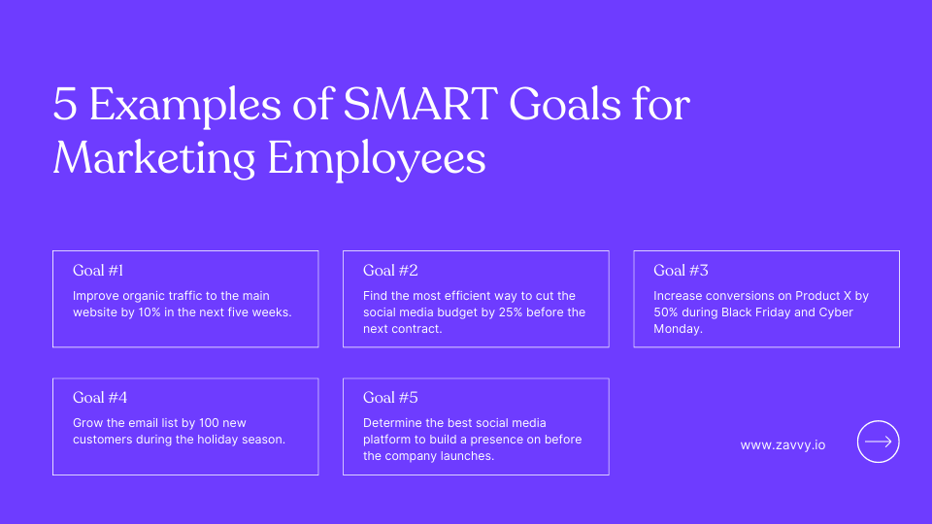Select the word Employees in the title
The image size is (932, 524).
point(377,158)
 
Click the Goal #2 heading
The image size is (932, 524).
point(390,271)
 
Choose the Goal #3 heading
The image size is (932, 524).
point(681,271)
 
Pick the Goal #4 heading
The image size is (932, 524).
point(100,398)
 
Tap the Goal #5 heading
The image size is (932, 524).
point(390,398)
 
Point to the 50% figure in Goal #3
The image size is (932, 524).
point(668,312)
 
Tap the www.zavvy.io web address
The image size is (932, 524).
point(782,444)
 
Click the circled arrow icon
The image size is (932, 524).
point(878,442)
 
